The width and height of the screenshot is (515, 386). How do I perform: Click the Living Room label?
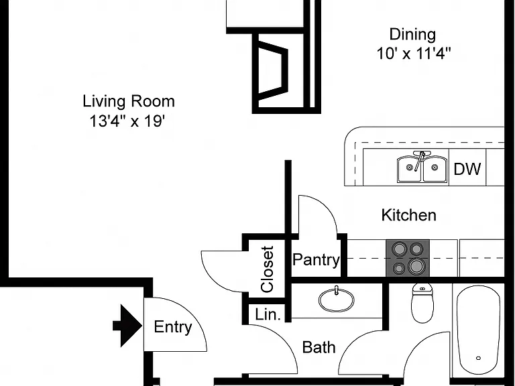click(x=129, y=101)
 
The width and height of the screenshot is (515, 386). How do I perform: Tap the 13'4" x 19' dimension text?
click(x=127, y=121)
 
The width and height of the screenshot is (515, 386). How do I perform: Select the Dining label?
click(x=413, y=35)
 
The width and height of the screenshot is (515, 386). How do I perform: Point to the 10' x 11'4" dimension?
click(x=414, y=54)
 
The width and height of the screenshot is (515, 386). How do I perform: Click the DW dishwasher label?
click(x=467, y=169)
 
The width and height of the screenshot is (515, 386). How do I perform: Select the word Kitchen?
click(x=409, y=215)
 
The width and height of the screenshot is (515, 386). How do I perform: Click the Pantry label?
click(x=316, y=260)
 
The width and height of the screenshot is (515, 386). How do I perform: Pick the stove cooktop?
click(x=408, y=258)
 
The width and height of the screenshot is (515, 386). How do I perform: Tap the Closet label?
click(x=268, y=269)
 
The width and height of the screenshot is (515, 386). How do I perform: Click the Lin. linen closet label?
click(x=268, y=315)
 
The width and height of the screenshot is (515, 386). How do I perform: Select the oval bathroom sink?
click(x=337, y=300)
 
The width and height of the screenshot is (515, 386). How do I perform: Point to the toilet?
click(x=422, y=303)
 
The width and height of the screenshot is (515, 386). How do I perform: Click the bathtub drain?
click(x=479, y=358)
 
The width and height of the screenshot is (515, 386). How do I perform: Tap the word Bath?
click(x=319, y=347)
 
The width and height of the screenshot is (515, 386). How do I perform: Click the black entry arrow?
click(x=127, y=326)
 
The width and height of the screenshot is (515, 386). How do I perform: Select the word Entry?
click(x=173, y=327)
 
